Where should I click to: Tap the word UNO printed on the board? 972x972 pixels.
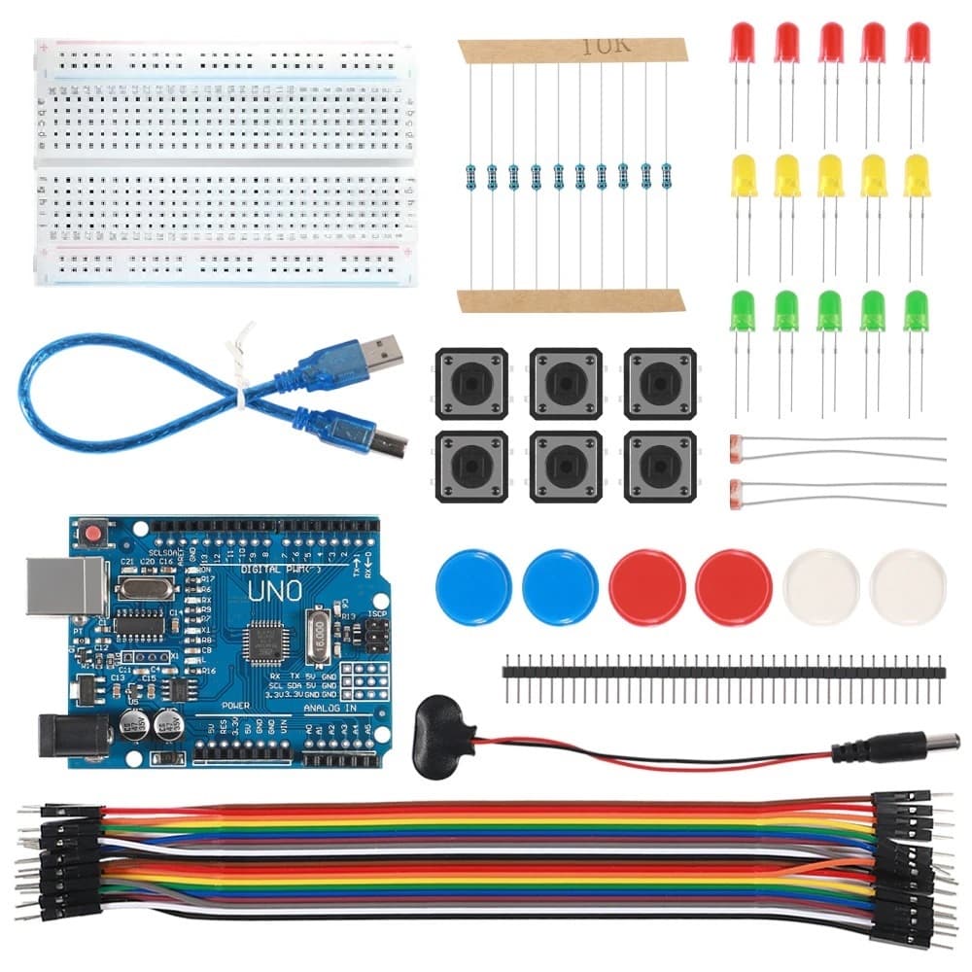(275, 589)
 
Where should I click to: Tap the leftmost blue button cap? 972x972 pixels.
(473, 587)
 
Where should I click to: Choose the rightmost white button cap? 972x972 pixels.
(907, 587)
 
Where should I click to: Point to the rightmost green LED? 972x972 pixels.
(915, 311)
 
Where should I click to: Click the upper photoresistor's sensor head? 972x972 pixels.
(736, 446)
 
